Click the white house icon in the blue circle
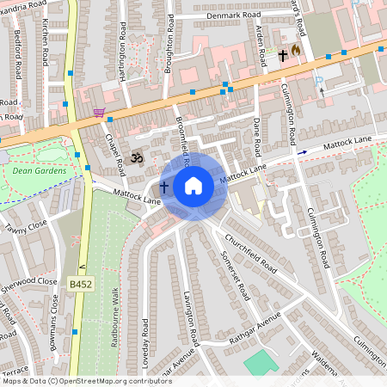click(x=193, y=186)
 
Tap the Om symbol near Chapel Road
click(x=134, y=158)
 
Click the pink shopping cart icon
click(x=100, y=113)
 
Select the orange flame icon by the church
click(x=297, y=51)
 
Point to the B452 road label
click(x=80, y=282)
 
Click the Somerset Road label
click(x=236, y=273)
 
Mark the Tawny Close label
click(x=26, y=228)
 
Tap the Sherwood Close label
click(x=29, y=280)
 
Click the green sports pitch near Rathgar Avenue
click(x=261, y=361)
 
